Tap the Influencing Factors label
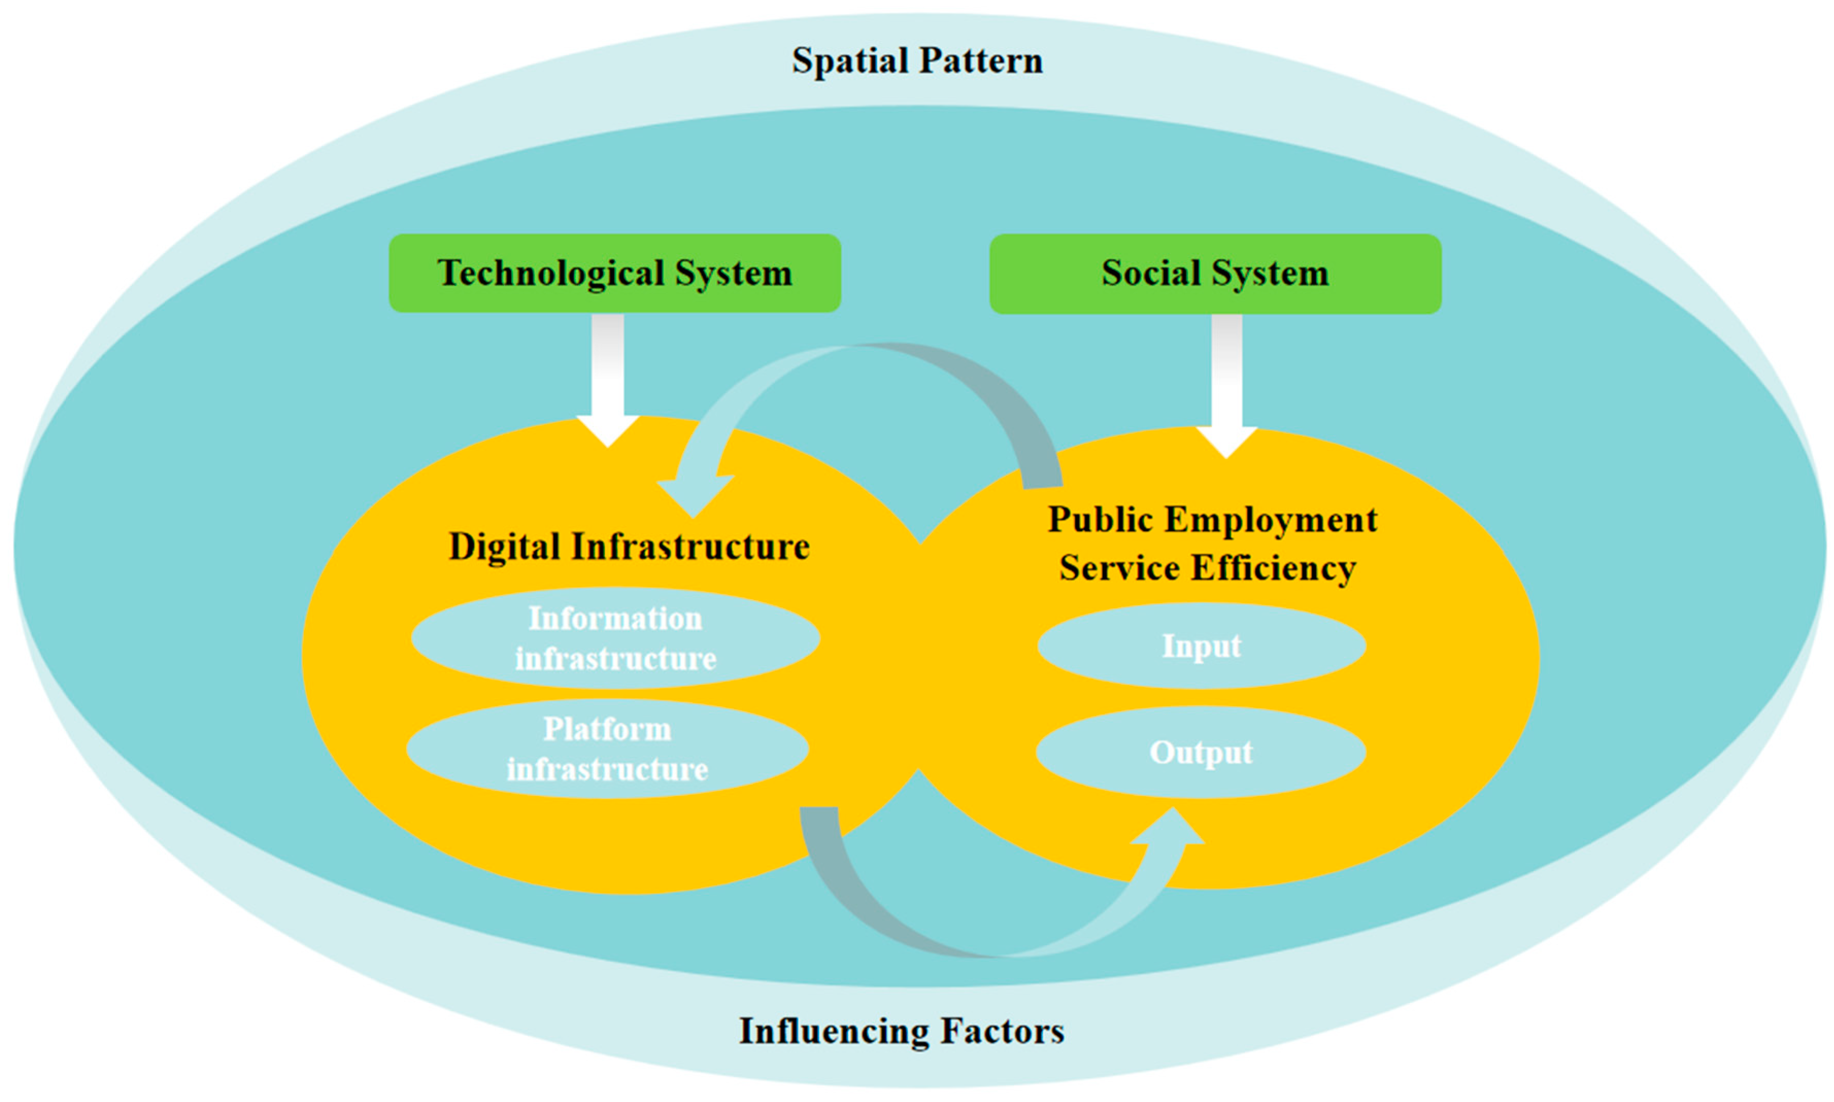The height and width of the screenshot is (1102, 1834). point(901,1031)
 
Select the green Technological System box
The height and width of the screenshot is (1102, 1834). point(614,273)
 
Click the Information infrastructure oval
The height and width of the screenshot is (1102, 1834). point(615,639)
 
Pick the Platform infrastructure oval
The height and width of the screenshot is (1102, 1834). point(607,749)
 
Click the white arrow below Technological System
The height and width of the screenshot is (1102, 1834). point(607,378)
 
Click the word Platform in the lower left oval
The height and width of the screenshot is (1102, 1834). point(607,729)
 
